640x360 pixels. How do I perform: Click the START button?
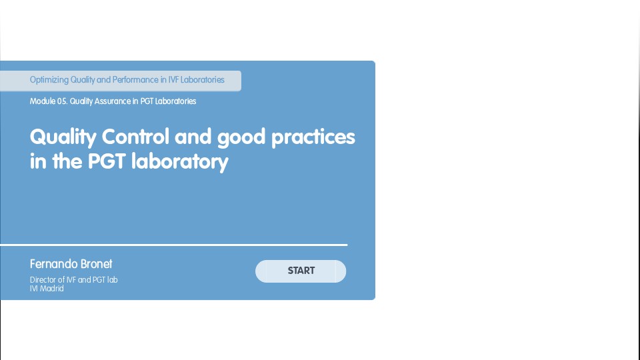pyautogui.click(x=301, y=271)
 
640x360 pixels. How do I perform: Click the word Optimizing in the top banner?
pyautogui.click(x=49, y=80)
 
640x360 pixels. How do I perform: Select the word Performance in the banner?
pyautogui.click(x=135, y=80)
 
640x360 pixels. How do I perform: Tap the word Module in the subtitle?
pyautogui.click(x=42, y=101)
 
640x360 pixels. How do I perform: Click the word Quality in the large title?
pyautogui.click(x=63, y=137)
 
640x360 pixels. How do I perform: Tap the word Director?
pyautogui.click(x=43, y=280)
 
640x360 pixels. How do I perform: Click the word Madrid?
pyautogui.click(x=52, y=289)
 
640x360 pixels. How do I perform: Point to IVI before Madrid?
pyautogui.click(x=34, y=289)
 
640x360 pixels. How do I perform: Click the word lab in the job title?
pyautogui.click(x=112, y=280)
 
